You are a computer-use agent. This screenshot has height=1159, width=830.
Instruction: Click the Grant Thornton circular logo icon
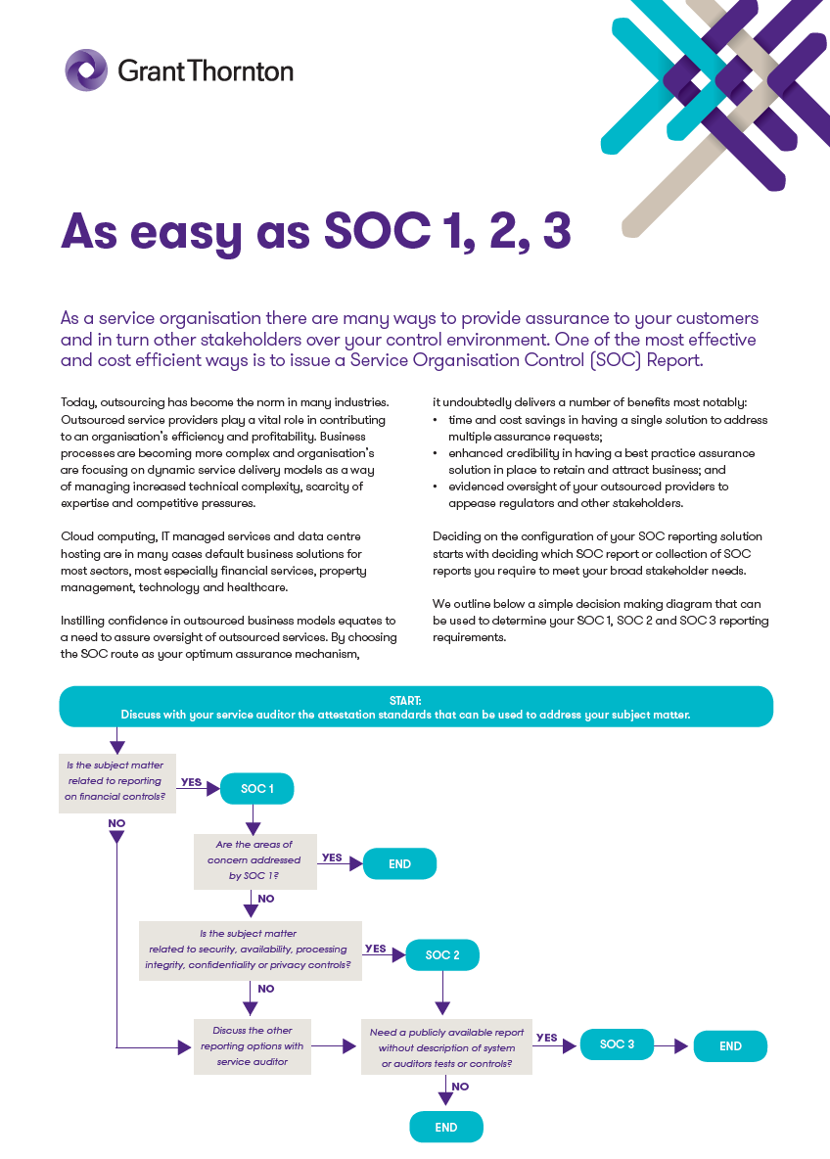(x=86, y=70)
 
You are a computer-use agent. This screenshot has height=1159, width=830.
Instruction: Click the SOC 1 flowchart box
(x=256, y=788)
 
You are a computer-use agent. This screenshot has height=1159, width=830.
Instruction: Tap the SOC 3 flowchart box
(x=617, y=1044)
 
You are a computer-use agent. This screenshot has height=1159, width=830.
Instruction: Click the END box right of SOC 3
(x=730, y=1045)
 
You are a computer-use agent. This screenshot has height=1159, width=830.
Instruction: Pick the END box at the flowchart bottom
(x=446, y=1127)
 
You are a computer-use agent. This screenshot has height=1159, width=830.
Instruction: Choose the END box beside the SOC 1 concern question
(x=399, y=864)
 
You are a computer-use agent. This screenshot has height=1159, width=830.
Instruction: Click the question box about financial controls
(x=115, y=781)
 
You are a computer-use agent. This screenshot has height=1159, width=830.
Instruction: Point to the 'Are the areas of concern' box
(x=254, y=860)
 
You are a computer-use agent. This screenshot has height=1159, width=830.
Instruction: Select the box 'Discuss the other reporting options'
(x=253, y=1045)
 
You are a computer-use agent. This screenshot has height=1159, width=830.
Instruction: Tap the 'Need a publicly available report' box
(x=446, y=1046)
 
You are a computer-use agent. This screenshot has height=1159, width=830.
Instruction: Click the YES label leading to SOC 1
(x=191, y=782)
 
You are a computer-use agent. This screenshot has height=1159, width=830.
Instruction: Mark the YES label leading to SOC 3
(x=547, y=1038)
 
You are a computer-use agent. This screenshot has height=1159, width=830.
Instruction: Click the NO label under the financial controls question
(x=116, y=823)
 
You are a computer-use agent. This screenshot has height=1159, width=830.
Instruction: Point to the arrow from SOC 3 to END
(x=673, y=1045)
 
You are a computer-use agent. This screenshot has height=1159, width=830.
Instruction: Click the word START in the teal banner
(x=404, y=700)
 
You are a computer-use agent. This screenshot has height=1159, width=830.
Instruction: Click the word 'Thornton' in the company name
(x=247, y=70)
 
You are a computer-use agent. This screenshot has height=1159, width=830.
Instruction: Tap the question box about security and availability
(x=250, y=950)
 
